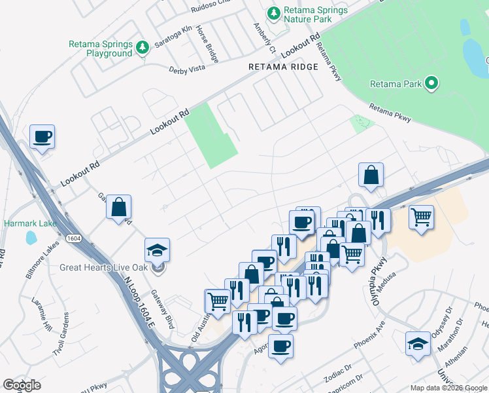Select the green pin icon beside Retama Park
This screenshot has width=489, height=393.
431,83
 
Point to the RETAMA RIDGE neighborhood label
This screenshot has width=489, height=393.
283,67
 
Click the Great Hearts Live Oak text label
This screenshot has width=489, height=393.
106,267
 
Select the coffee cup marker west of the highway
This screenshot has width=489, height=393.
42,137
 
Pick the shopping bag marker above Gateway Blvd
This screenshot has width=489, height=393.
119,207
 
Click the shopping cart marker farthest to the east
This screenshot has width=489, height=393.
422,217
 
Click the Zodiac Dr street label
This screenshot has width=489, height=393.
339,375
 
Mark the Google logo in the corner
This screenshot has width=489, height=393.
22,385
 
